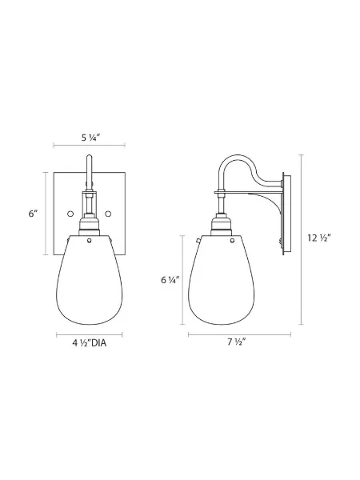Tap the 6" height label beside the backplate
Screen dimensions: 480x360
(34, 214)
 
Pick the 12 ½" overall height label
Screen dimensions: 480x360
(318, 238)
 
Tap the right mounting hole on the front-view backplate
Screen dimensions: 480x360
(106, 213)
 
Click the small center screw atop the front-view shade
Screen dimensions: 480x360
(89, 238)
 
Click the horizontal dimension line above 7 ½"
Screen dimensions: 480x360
(236, 332)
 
